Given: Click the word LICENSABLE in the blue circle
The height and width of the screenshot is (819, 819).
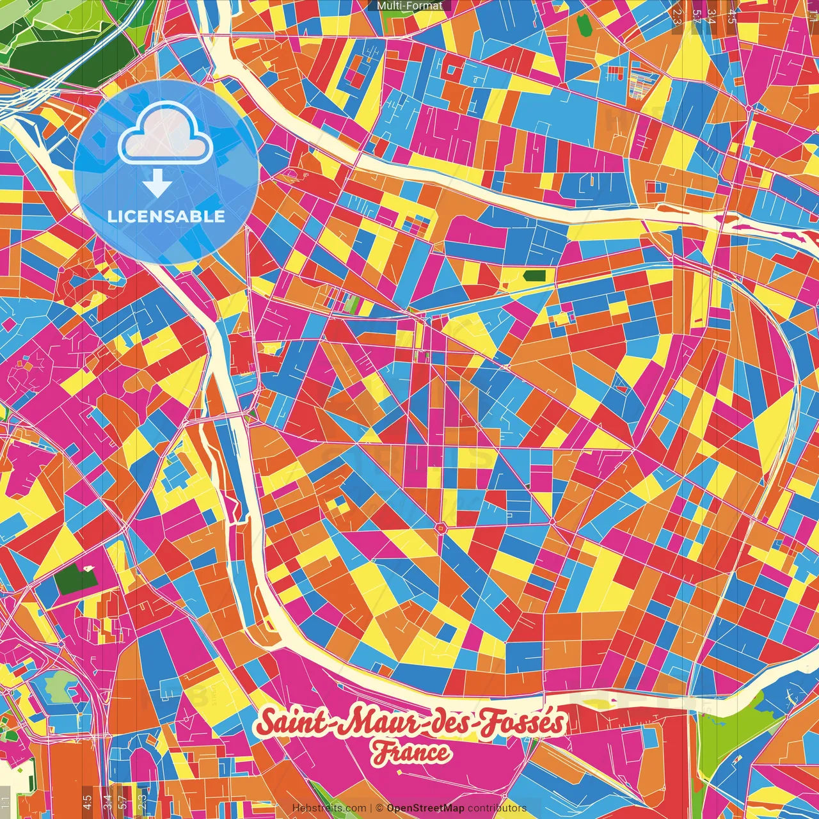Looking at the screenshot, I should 166,216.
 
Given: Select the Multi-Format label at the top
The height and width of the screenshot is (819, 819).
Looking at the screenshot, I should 409,6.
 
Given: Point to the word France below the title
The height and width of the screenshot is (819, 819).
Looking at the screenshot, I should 411,752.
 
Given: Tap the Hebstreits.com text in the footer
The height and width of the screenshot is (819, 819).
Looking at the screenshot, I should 329,808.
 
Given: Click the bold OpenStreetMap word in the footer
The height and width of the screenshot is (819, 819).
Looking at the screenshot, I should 425,808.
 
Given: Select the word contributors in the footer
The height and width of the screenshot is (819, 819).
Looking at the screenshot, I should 497,808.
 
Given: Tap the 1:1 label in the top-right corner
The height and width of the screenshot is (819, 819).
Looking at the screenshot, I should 812,13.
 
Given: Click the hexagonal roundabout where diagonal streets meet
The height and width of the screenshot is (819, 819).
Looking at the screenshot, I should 440,527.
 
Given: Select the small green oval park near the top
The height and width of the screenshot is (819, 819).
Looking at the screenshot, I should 583,24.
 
